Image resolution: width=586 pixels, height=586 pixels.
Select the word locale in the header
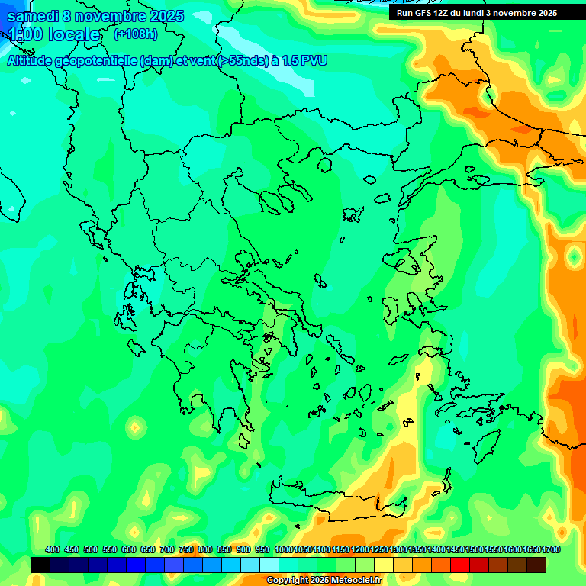73,35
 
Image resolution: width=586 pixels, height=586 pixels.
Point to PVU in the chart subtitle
313,61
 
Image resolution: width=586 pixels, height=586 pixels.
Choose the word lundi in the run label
484,13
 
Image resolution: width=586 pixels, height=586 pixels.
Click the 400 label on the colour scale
53,549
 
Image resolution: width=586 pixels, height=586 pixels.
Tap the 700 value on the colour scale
167,549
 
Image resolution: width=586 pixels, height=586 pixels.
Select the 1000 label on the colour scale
283,549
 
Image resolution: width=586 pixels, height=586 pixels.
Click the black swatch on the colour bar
40,565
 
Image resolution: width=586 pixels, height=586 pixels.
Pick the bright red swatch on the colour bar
460,565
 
